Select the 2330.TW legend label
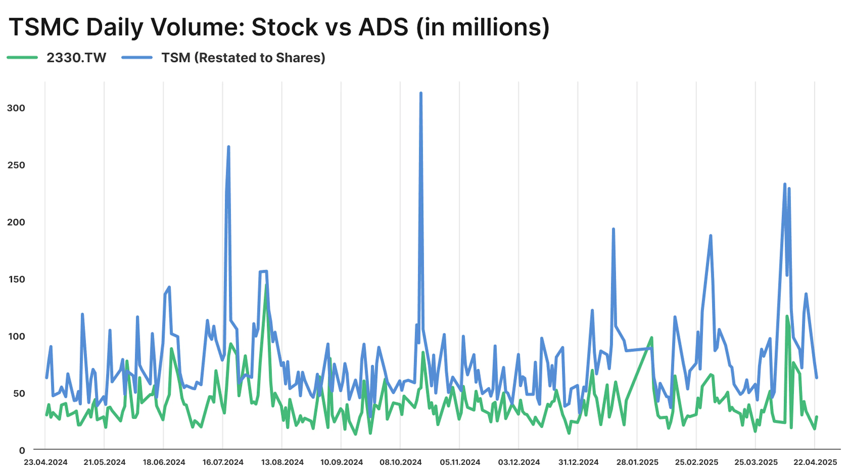[x=76, y=58]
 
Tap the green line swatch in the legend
[x=22, y=58]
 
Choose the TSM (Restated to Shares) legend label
[x=243, y=58]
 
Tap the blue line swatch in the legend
[x=137, y=58]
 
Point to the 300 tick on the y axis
[x=16, y=108]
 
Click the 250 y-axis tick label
[x=16, y=165]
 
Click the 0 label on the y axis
[x=22, y=450]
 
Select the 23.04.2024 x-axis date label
[x=46, y=462]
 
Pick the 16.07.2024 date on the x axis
[x=223, y=462]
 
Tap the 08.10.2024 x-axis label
[x=400, y=462]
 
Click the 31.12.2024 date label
[x=578, y=462]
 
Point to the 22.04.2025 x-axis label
[x=815, y=462]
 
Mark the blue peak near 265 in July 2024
[x=228, y=147]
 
